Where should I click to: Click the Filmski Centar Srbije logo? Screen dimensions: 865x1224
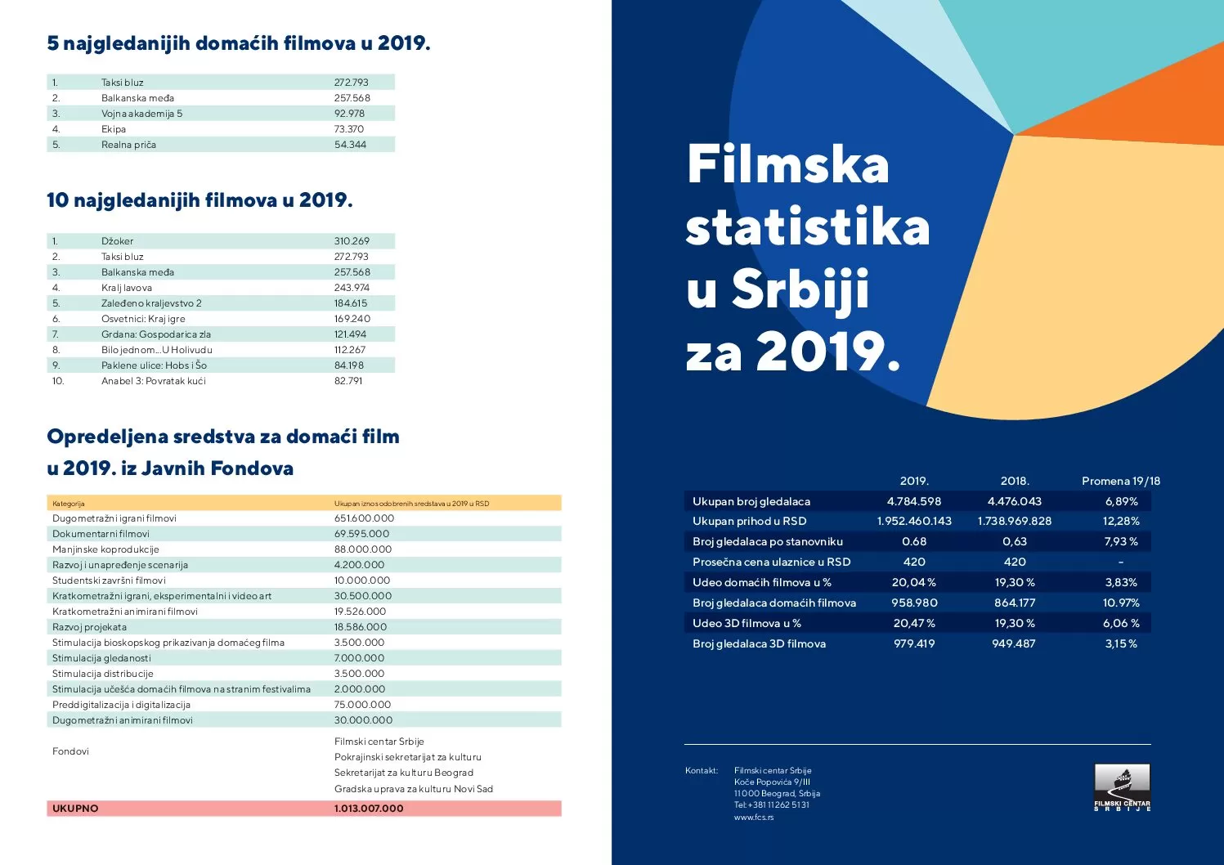click(x=1122, y=787)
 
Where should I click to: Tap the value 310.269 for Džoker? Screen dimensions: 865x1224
click(x=352, y=241)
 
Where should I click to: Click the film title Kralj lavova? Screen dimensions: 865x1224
click(x=127, y=288)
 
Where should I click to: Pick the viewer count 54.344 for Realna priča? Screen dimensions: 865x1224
click(x=350, y=145)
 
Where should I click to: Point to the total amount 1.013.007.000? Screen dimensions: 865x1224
click(x=369, y=809)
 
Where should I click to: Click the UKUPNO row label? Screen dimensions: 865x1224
click(x=75, y=809)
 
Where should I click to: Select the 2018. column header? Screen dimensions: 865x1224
click(x=1015, y=481)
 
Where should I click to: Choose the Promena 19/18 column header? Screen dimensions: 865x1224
click(x=1121, y=481)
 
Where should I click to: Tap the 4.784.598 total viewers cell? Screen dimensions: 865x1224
click(x=914, y=501)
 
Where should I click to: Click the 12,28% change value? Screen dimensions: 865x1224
click(x=1121, y=521)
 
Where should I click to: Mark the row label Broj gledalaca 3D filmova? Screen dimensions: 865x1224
click(x=759, y=643)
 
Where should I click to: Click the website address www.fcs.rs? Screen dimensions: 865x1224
click(x=753, y=817)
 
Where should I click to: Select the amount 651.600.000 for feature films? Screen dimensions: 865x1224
click(x=364, y=518)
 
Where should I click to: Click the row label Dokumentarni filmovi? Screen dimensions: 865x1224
click(x=101, y=534)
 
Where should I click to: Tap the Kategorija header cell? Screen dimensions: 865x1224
click(x=69, y=504)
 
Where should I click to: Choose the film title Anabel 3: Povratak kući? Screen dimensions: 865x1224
click(x=154, y=381)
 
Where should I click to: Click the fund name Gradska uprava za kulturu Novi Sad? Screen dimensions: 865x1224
click(x=414, y=789)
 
